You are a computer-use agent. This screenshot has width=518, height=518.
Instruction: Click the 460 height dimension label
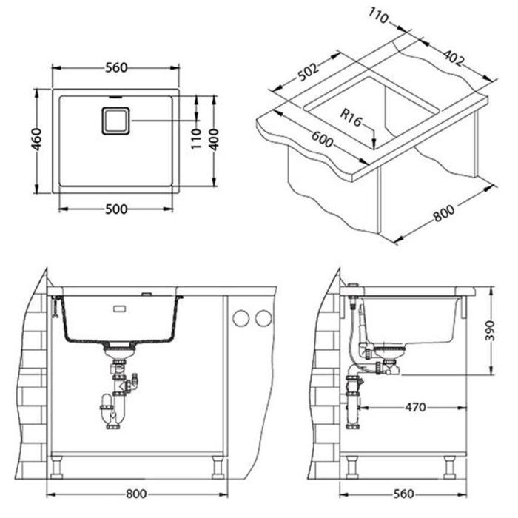37,139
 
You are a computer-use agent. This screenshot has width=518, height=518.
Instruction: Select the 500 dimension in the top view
116,209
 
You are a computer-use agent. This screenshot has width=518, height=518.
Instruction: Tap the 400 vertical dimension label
215,139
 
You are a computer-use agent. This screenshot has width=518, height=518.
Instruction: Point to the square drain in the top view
115,121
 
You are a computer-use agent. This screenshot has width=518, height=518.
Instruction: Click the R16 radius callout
351,118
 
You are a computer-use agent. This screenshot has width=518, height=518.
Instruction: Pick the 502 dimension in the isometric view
309,72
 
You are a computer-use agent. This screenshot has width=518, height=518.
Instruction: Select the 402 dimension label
454,58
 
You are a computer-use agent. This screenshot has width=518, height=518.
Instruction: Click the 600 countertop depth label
323,139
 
